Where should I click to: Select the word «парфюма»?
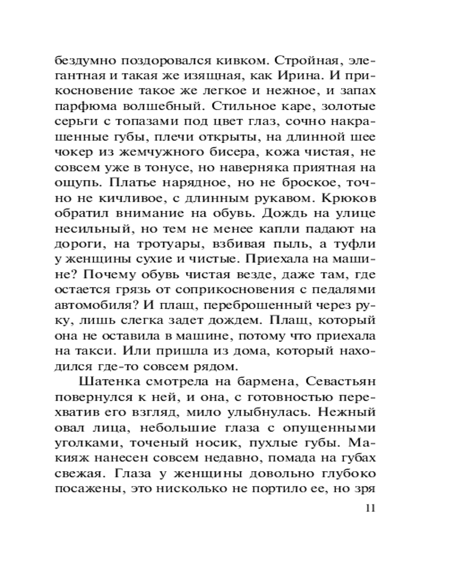pos(83,107)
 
